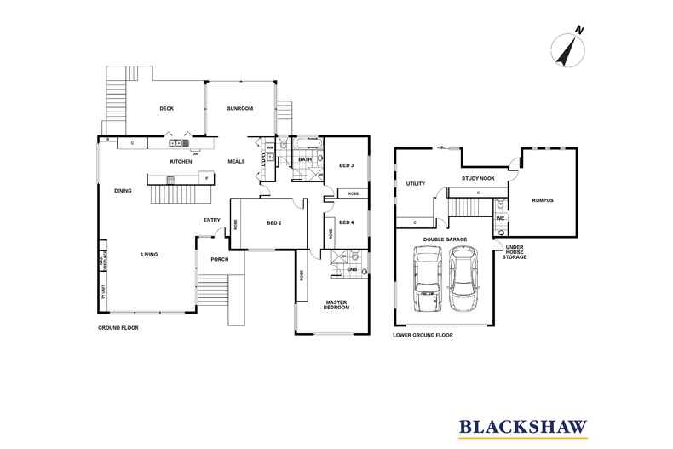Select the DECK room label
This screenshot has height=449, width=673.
tap(167, 108)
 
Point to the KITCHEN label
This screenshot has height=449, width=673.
tap(181, 161)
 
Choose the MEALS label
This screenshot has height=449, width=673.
tap(236, 161)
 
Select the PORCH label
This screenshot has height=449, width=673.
tap(220, 259)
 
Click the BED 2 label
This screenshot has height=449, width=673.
tap(273, 223)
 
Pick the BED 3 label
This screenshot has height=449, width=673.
tap(346, 165)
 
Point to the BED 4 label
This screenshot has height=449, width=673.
tap(346, 223)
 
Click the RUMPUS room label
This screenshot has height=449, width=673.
tap(543, 200)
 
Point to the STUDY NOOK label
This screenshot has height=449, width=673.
tap(477, 178)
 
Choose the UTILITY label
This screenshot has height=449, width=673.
tap(416, 183)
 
